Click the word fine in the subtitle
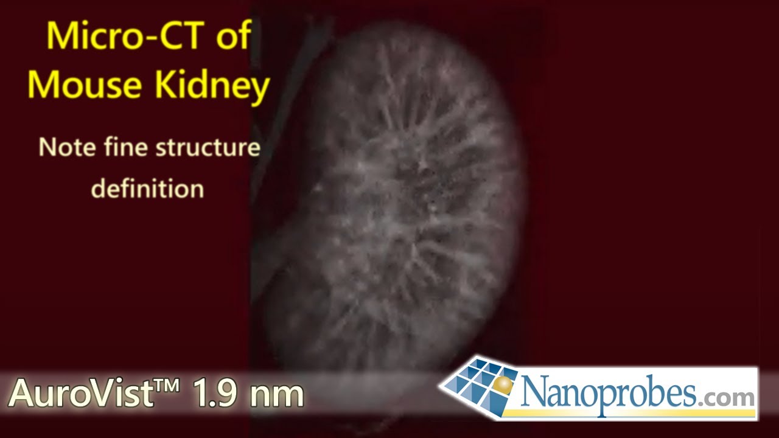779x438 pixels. coord(124,148)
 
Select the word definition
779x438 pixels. coord(147,189)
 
